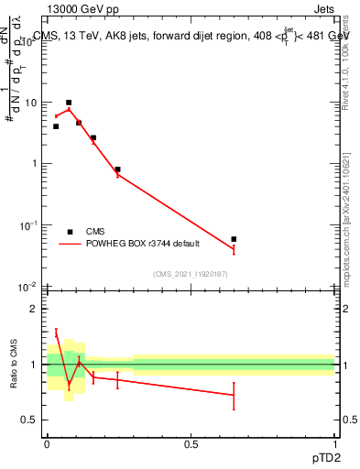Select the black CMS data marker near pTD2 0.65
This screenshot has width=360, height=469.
[x=235, y=239]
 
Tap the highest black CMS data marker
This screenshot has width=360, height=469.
[x=69, y=103]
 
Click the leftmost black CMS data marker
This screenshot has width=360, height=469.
[x=56, y=126]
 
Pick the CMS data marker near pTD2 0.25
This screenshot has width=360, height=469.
[x=118, y=169]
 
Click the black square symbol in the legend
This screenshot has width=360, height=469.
[x=70, y=232]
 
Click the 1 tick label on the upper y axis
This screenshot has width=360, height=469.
[x=34, y=164]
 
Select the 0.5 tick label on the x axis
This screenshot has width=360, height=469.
[x=191, y=443]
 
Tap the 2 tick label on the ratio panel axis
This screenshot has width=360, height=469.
[x=34, y=310]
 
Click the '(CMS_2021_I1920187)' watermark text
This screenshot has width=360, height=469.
[x=190, y=274]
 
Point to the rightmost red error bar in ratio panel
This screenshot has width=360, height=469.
[x=235, y=396]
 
